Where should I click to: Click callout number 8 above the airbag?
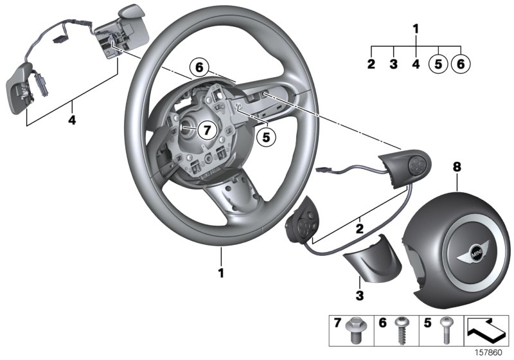457,166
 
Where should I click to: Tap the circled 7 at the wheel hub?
205,130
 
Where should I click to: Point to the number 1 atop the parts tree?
416,29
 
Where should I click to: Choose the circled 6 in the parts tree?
461,64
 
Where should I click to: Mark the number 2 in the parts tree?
371,64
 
